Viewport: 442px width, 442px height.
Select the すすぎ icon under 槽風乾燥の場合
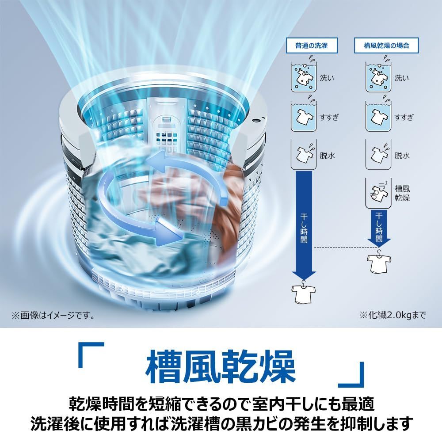pyautogui.click(x=378, y=116)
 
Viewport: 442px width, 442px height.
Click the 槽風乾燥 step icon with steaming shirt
pyautogui.click(x=378, y=193)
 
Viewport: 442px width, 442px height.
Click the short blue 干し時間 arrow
pyautogui.click(x=379, y=228)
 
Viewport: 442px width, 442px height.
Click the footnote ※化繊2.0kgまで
pyautogui.click(x=392, y=315)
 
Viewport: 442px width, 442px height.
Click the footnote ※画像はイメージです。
pyautogui.click(x=53, y=316)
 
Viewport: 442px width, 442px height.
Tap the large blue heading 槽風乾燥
pyautogui.click(x=221, y=366)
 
